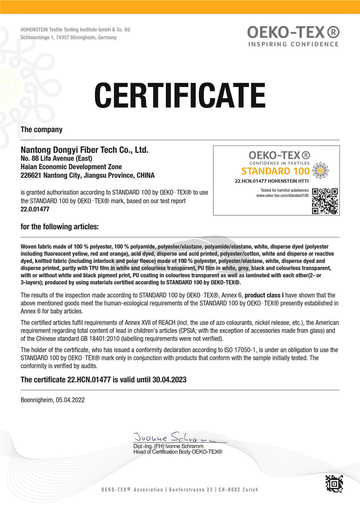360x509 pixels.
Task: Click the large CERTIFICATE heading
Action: click(180, 95)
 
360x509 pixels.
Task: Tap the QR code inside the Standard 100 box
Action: click(325, 201)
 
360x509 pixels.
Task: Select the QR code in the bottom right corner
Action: click(334, 484)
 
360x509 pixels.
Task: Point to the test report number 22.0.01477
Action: click(35, 209)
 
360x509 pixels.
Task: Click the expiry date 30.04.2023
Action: click(169, 380)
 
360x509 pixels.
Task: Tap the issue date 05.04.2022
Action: click(70, 400)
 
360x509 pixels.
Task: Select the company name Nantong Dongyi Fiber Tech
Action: click(84, 150)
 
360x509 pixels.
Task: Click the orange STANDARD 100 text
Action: click(275, 171)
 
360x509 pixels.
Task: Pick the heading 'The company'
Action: click(41, 130)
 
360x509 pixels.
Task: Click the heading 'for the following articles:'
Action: click(59, 226)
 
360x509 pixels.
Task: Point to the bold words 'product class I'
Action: click(264, 295)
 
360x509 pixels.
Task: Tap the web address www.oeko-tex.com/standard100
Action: click(282, 196)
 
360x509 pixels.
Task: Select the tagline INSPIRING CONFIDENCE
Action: click(293, 44)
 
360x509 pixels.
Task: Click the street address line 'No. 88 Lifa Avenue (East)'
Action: click(56, 158)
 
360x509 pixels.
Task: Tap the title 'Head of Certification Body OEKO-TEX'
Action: click(178, 452)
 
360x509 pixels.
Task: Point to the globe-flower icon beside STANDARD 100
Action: click(320, 170)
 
